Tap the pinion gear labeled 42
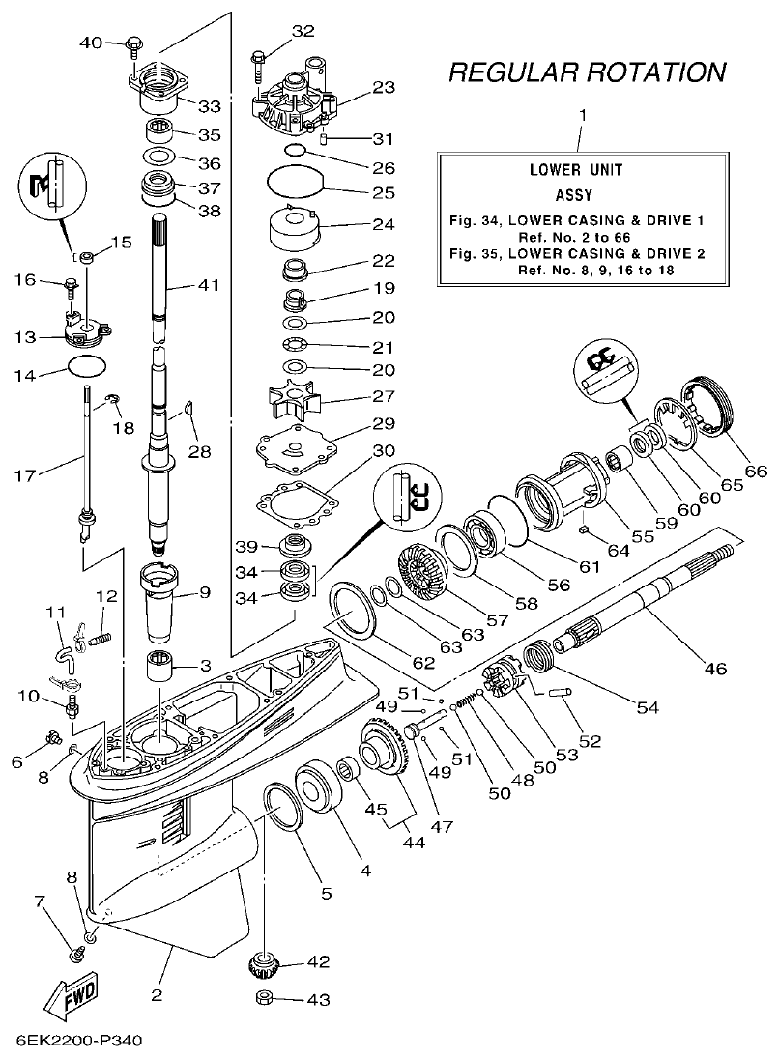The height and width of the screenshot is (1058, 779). (x=264, y=963)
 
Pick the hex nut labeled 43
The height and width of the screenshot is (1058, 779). (x=264, y=999)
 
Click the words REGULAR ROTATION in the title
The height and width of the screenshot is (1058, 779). (x=587, y=72)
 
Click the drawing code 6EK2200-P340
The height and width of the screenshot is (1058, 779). (x=79, y=1043)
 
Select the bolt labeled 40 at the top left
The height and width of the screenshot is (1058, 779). (x=133, y=43)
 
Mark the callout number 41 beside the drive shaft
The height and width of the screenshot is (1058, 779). (x=208, y=285)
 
